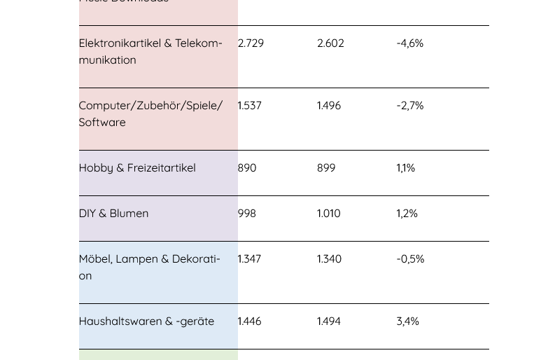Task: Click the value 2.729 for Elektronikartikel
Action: point(251,43)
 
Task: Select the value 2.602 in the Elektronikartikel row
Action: point(330,43)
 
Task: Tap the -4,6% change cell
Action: point(410,43)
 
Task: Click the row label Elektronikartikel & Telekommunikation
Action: point(150,52)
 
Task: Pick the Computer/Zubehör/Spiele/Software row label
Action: point(150,113)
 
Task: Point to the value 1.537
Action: point(249,106)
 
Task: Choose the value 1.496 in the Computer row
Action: point(329,106)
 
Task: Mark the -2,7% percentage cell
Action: point(410,106)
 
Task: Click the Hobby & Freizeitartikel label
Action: point(137,168)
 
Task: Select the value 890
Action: point(247,168)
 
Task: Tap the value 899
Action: point(326,168)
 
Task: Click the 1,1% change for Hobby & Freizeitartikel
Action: point(406,168)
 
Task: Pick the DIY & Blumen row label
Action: point(113,214)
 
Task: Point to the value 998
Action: point(247,214)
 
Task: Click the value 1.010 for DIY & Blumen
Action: point(329,214)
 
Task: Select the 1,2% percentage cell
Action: point(407,214)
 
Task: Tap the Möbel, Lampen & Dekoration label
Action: point(149,267)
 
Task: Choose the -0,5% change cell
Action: point(410,259)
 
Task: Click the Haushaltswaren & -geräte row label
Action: point(146,321)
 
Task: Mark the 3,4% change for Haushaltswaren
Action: point(408,321)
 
